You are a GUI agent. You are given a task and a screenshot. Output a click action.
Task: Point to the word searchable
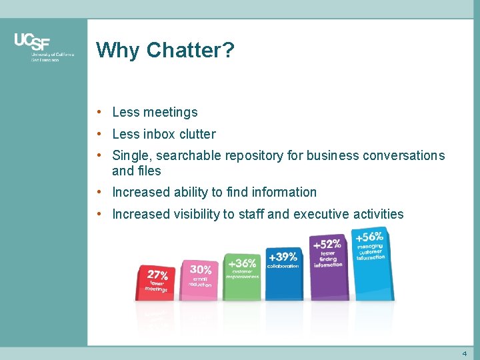[x=186, y=156]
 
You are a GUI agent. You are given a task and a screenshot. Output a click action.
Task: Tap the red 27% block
[x=157, y=283]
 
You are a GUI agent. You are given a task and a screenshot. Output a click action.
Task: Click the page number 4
[x=464, y=353]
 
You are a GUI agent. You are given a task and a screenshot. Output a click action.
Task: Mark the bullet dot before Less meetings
[x=99, y=112]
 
